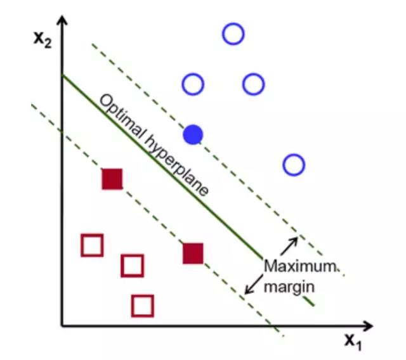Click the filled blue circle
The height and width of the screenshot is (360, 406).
click(193, 134)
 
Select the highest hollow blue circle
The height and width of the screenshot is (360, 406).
click(233, 34)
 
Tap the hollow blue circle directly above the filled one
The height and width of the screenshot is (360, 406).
click(193, 84)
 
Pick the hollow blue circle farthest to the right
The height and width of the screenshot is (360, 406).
click(294, 165)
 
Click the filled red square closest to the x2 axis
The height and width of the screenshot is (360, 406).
click(112, 179)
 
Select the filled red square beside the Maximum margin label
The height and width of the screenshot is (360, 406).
click(193, 253)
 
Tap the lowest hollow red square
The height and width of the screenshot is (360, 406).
click(143, 305)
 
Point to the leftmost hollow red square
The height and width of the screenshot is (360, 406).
click(92, 245)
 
